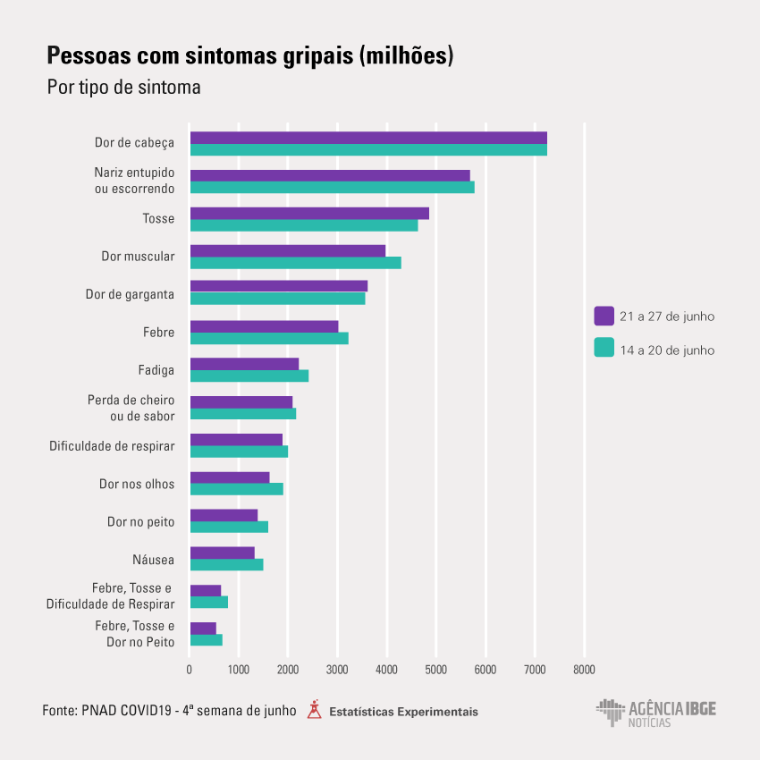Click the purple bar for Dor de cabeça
coord(367,138)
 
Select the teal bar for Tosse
coord(303,225)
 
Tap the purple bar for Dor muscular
coord(287,250)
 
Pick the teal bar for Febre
coord(268,338)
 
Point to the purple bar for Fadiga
coord(243,363)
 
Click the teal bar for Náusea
coord(226,564)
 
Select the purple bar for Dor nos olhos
coord(229,477)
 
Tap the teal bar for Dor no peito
coord(229,527)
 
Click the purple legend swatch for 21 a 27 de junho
coord(604,316)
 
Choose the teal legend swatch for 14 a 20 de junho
coord(604,349)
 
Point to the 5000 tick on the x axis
coord(435,669)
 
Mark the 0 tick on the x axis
coord(190,669)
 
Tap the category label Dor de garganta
coord(130,294)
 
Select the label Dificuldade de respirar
coord(112,445)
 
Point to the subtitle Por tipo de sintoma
coord(123,88)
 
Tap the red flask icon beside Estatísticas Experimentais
coord(313,710)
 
